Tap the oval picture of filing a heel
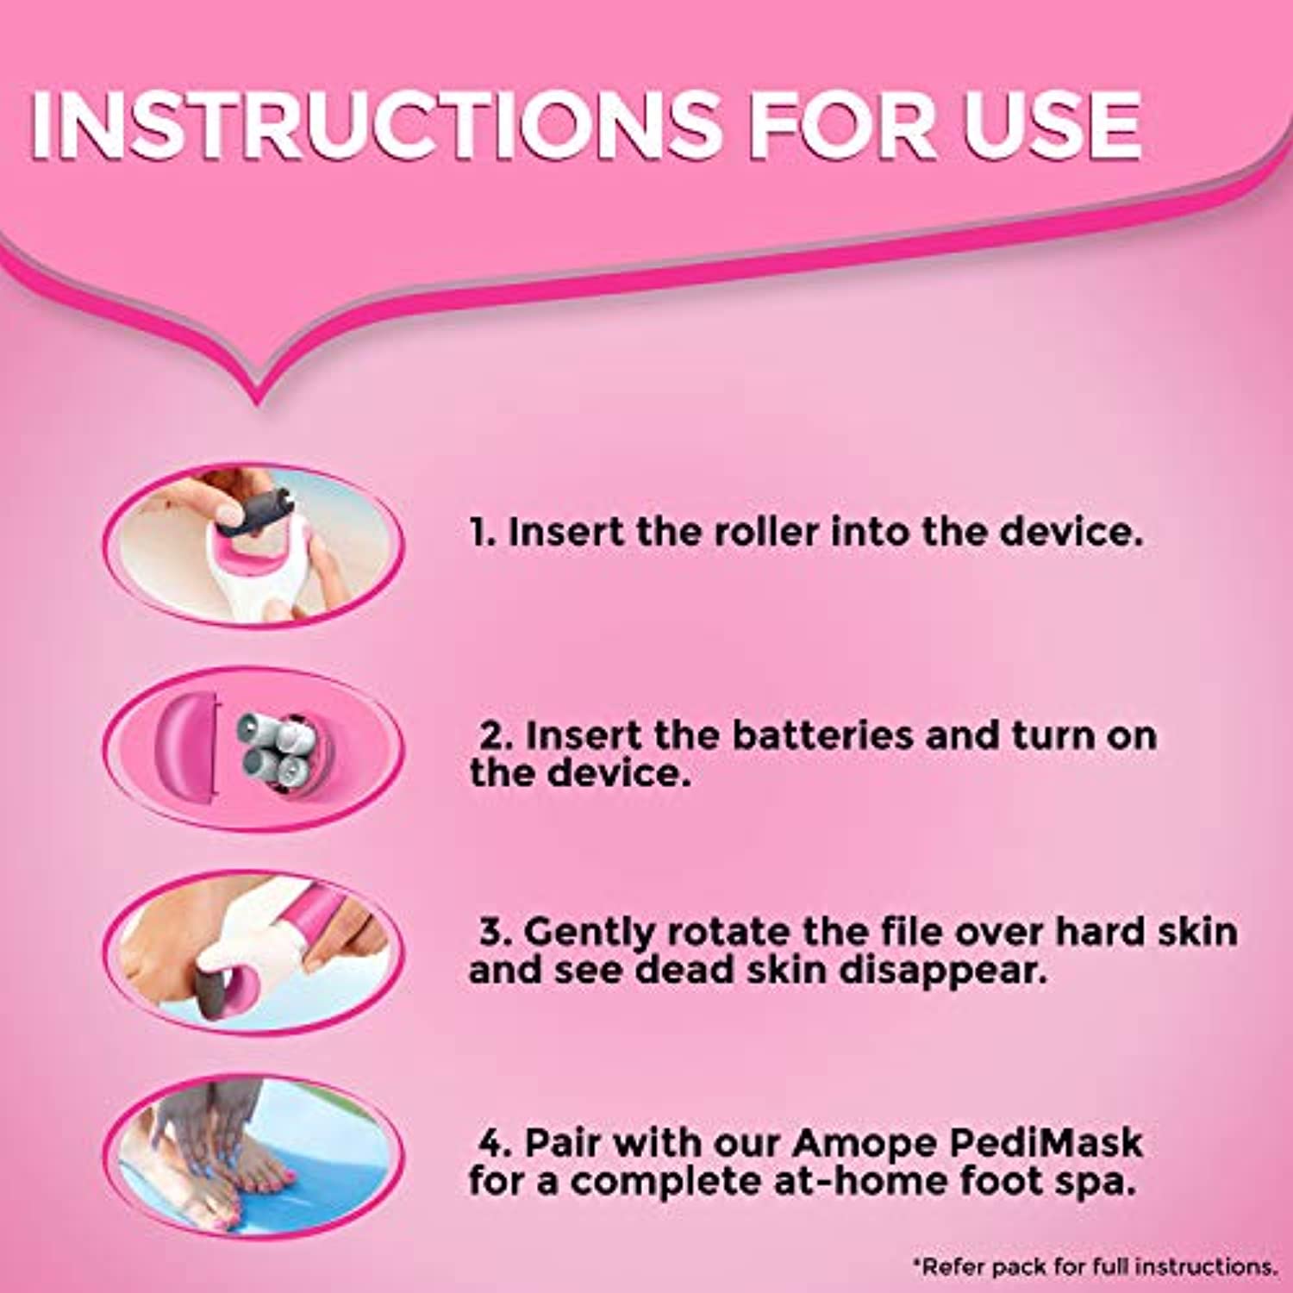(253, 952)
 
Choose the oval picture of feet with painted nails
(253, 1156)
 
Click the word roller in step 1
(765, 532)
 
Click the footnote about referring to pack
(1095, 1266)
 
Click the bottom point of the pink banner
(257, 403)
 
